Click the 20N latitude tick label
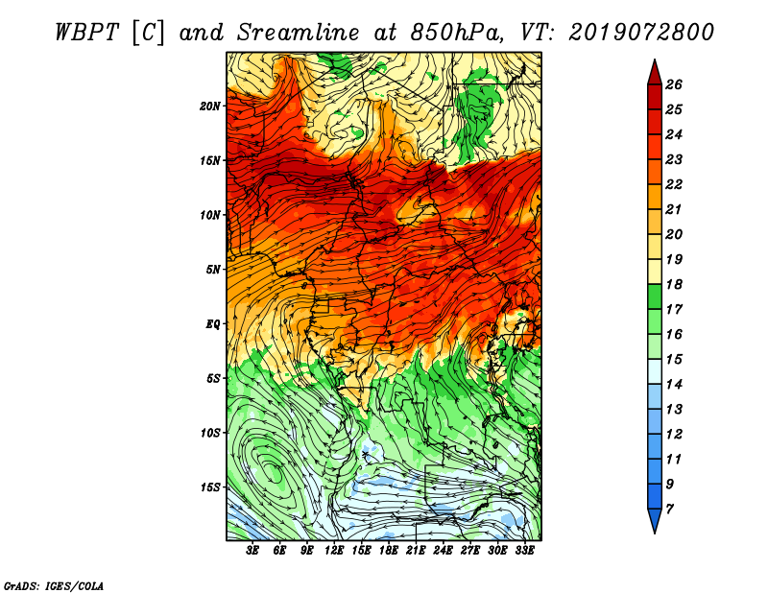click(x=210, y=107)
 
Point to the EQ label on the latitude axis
click(x=213, y=324)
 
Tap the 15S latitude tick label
click(x=210, y=487)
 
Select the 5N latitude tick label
click(x=213, y=270)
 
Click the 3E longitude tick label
click(x=252, y=551)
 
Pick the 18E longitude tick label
click(x=389, y=551)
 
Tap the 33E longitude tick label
click(x=524, y=551)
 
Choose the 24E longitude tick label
click(x=443, y=551)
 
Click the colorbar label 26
click(x=674, y=84)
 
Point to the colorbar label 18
click(x=674, y=284)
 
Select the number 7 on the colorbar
click(x=670, y=510)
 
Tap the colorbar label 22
click(x=674, y=184)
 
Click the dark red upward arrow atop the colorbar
click(x=655, y=73)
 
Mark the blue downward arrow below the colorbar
click(x=655, y=521)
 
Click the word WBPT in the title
click(x=86, y=33)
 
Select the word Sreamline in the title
click(x=299, y=33)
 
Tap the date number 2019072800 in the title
click(x=641, y=33)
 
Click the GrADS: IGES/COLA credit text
click(x=53, y=586)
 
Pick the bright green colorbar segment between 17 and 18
click(x=655, y=296)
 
